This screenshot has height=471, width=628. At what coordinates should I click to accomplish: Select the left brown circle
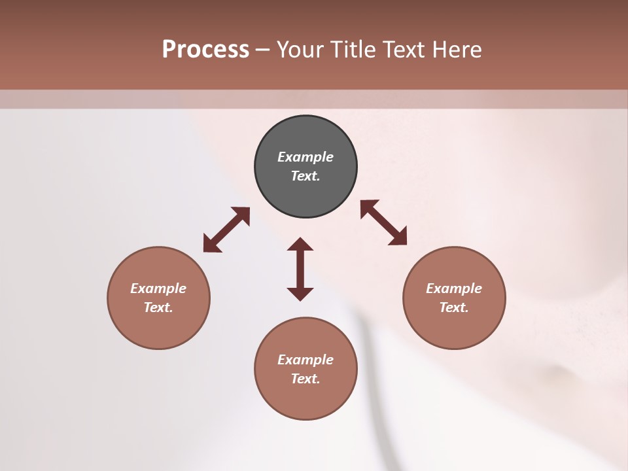click(x=158, y=327)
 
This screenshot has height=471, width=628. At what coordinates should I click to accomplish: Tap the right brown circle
click(x=454, y=327)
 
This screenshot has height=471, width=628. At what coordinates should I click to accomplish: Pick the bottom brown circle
click(x=305, y=399)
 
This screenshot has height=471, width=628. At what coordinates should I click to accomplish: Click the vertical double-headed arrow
click(x=300, y=269)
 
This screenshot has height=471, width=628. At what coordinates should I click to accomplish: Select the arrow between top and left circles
click(x=226, y=230)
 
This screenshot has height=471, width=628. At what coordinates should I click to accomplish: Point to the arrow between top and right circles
click(x=383, y=222)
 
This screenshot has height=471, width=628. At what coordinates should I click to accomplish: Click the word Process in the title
click(x=205, y=49)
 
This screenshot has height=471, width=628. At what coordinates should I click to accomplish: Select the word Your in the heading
click(x=299, y=49)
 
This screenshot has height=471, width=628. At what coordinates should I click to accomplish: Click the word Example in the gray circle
click(x=305, y=157)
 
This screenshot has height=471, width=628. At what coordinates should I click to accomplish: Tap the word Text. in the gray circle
click(x=305, y=176)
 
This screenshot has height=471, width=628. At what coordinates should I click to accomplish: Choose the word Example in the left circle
click(x=158, y=288)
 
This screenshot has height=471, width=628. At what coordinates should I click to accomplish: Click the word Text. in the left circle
click(x=158, y=307)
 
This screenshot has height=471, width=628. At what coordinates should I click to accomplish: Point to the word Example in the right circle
click(x=454, y=288)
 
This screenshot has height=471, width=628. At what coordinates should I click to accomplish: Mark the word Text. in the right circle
click(x=454, y=307)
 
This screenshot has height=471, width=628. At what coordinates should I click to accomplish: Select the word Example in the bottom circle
click(x=305, y=360)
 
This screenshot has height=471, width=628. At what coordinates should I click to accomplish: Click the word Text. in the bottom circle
click(x=305, y=379)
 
